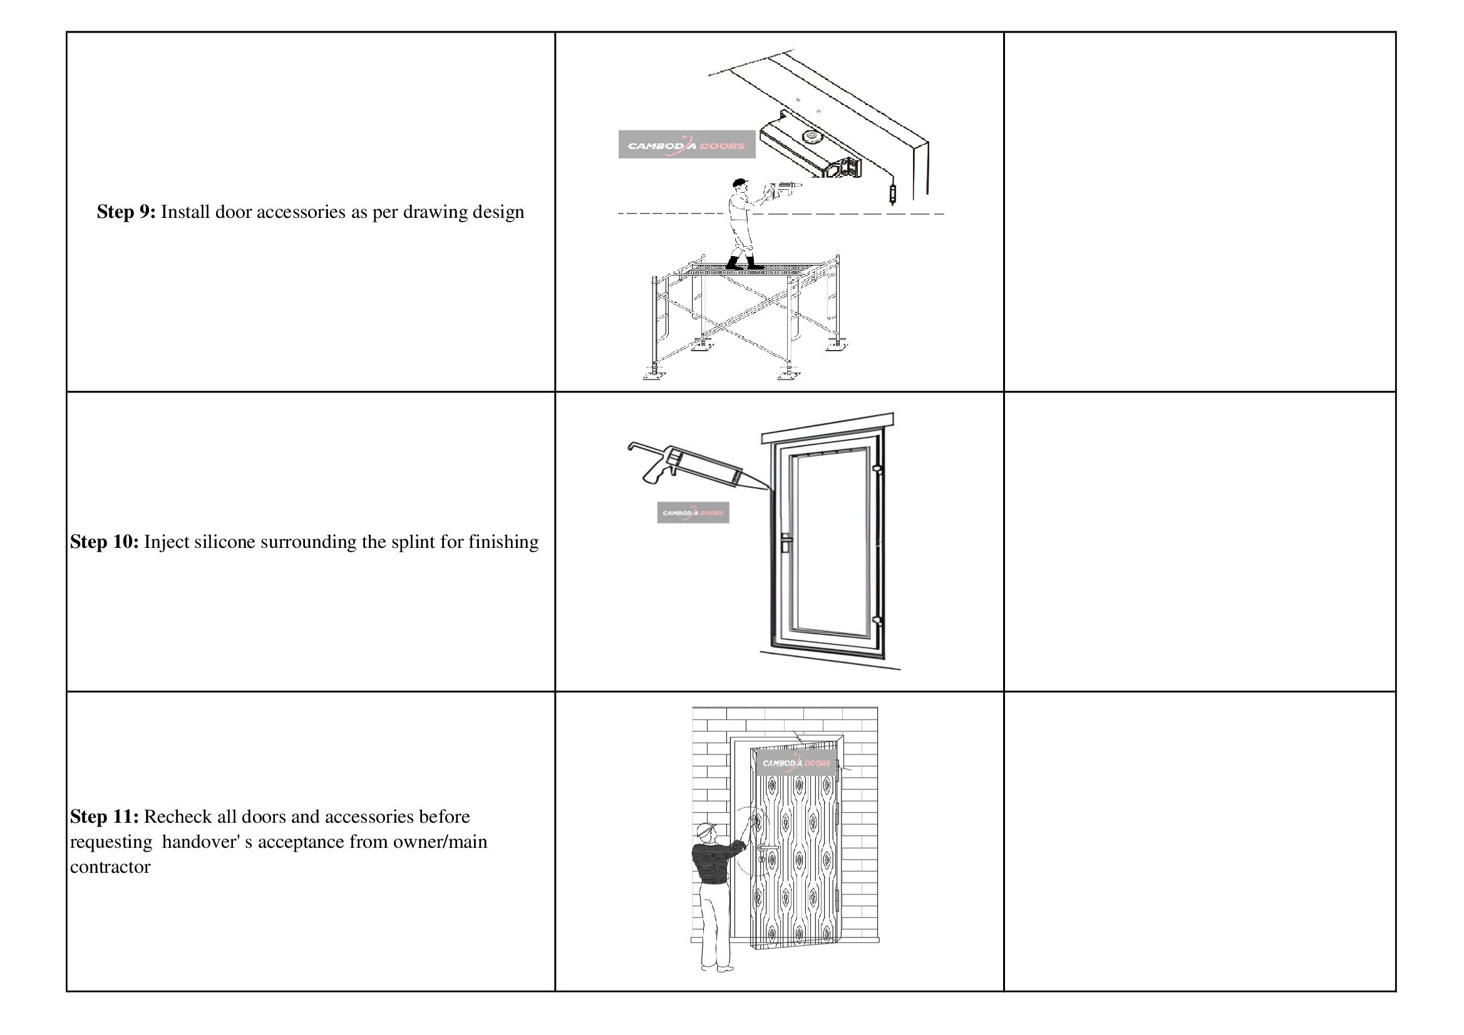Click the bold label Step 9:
(126, 212)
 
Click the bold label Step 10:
(104, 542)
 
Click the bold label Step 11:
(104, 816)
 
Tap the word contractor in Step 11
(110, 867)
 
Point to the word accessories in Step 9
(301, 212)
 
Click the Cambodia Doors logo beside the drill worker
(687, 145)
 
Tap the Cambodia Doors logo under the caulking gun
(693, 513)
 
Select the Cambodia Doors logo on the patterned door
(796, 763)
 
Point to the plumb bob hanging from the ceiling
(892, 193)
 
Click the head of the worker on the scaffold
(739, 184)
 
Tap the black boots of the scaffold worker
(743, 263)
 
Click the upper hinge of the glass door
(877, 470)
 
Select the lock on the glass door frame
(786, 543)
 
